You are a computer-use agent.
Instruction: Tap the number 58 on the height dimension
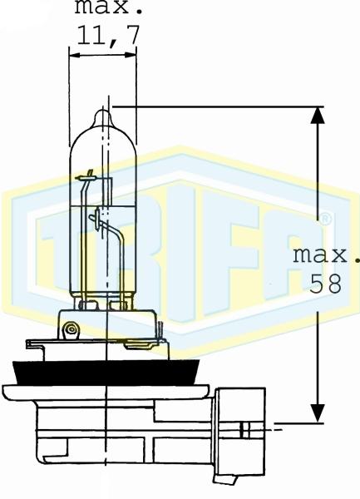pos(326,284)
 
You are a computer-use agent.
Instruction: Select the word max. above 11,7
pos(109,7)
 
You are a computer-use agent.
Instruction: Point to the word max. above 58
pos(326,255)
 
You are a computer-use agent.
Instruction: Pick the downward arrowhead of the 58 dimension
pos(318,413)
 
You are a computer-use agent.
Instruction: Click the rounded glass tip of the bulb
pos(103,117)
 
